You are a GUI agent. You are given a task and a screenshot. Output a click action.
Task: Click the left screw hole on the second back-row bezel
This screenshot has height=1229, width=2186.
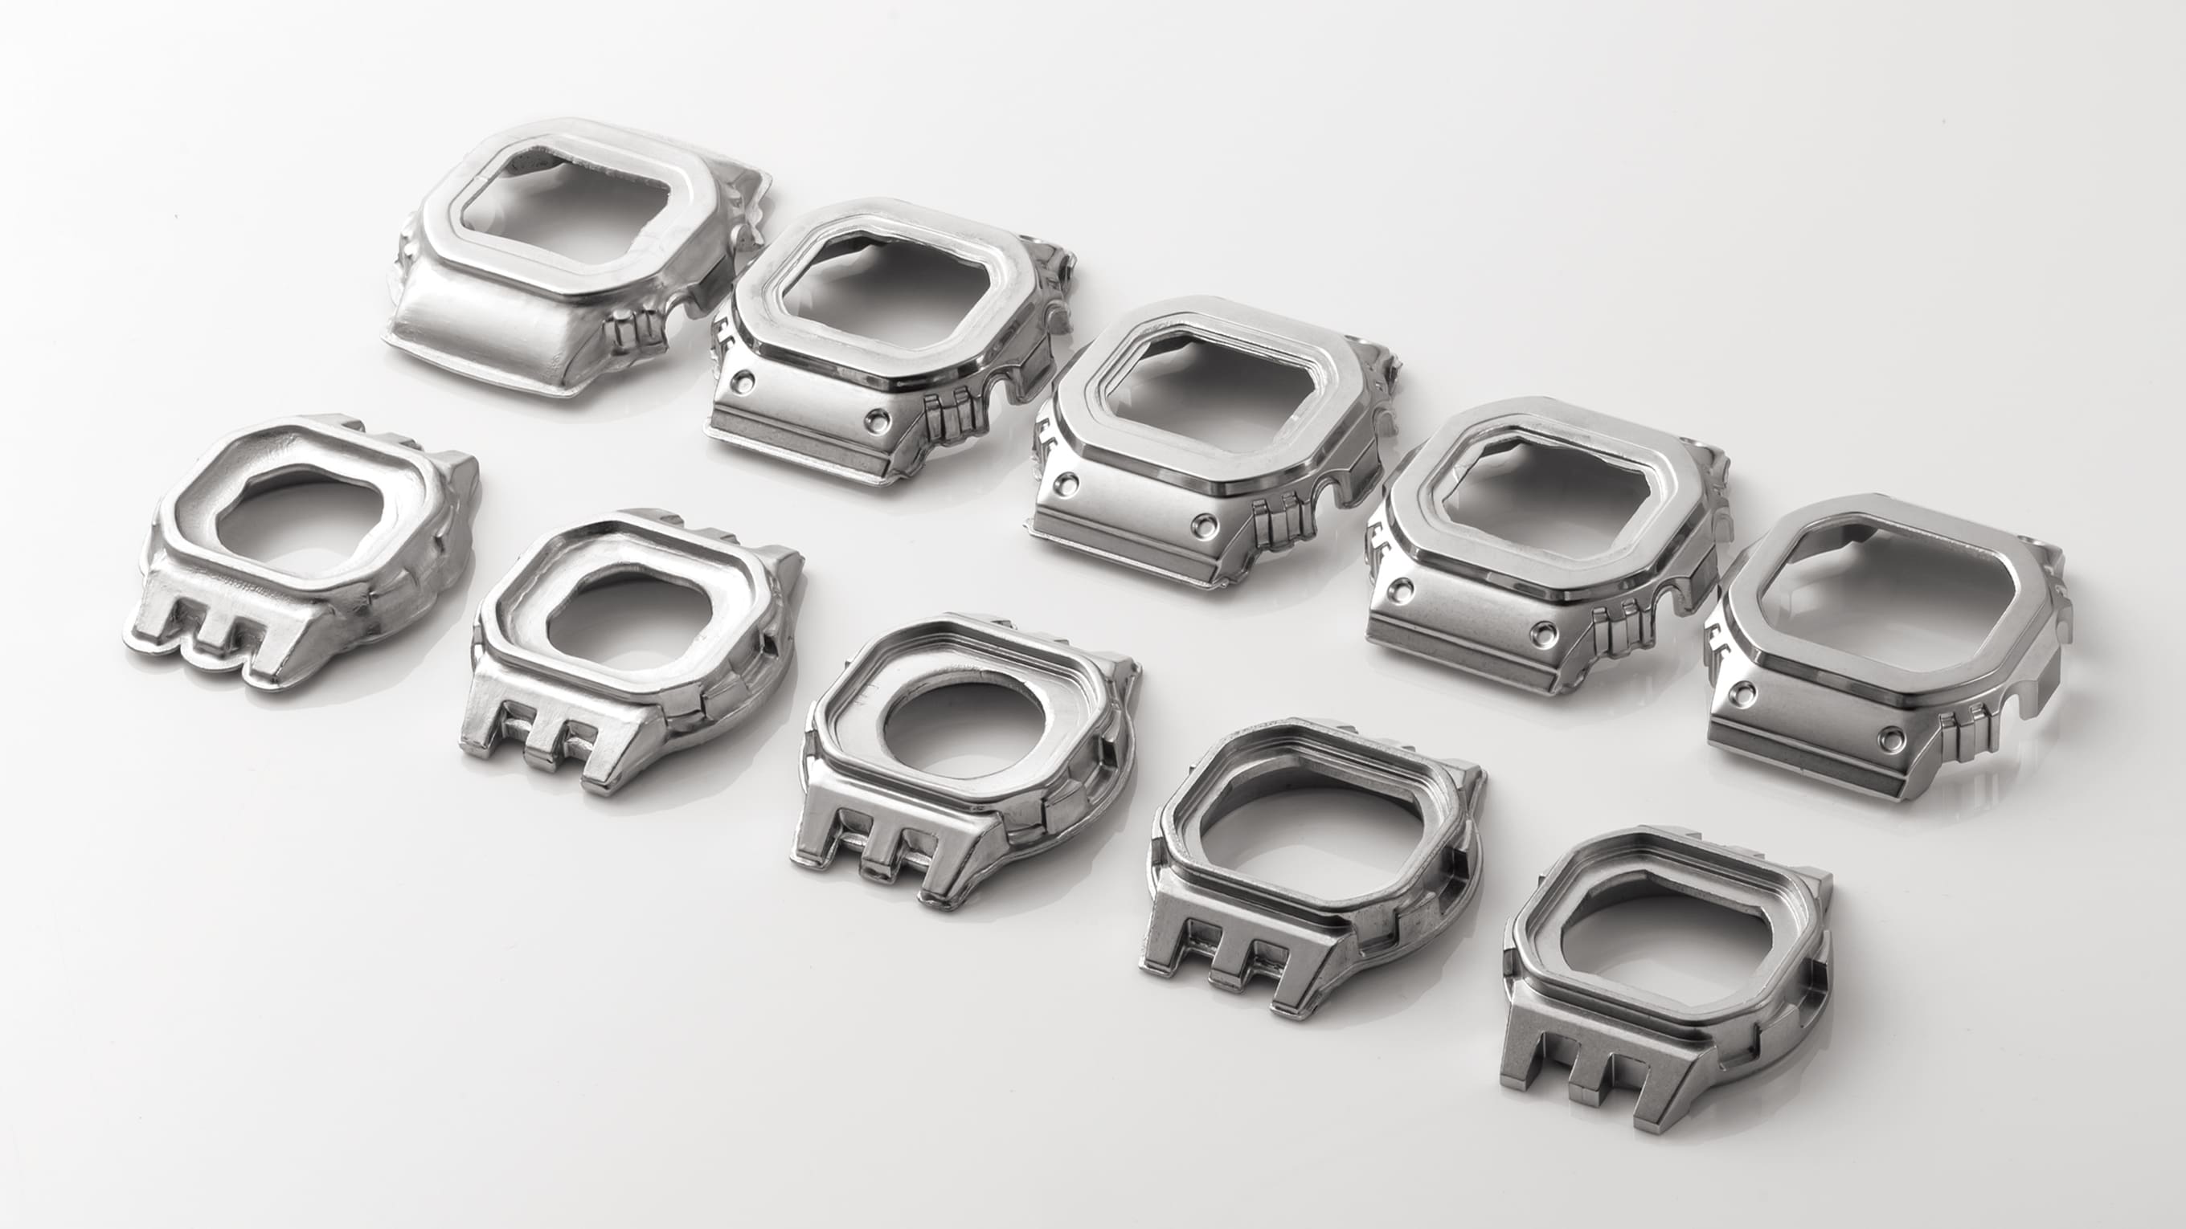(744, 379)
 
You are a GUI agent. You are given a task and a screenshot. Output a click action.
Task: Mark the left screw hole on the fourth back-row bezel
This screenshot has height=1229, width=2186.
(1401, 586)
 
